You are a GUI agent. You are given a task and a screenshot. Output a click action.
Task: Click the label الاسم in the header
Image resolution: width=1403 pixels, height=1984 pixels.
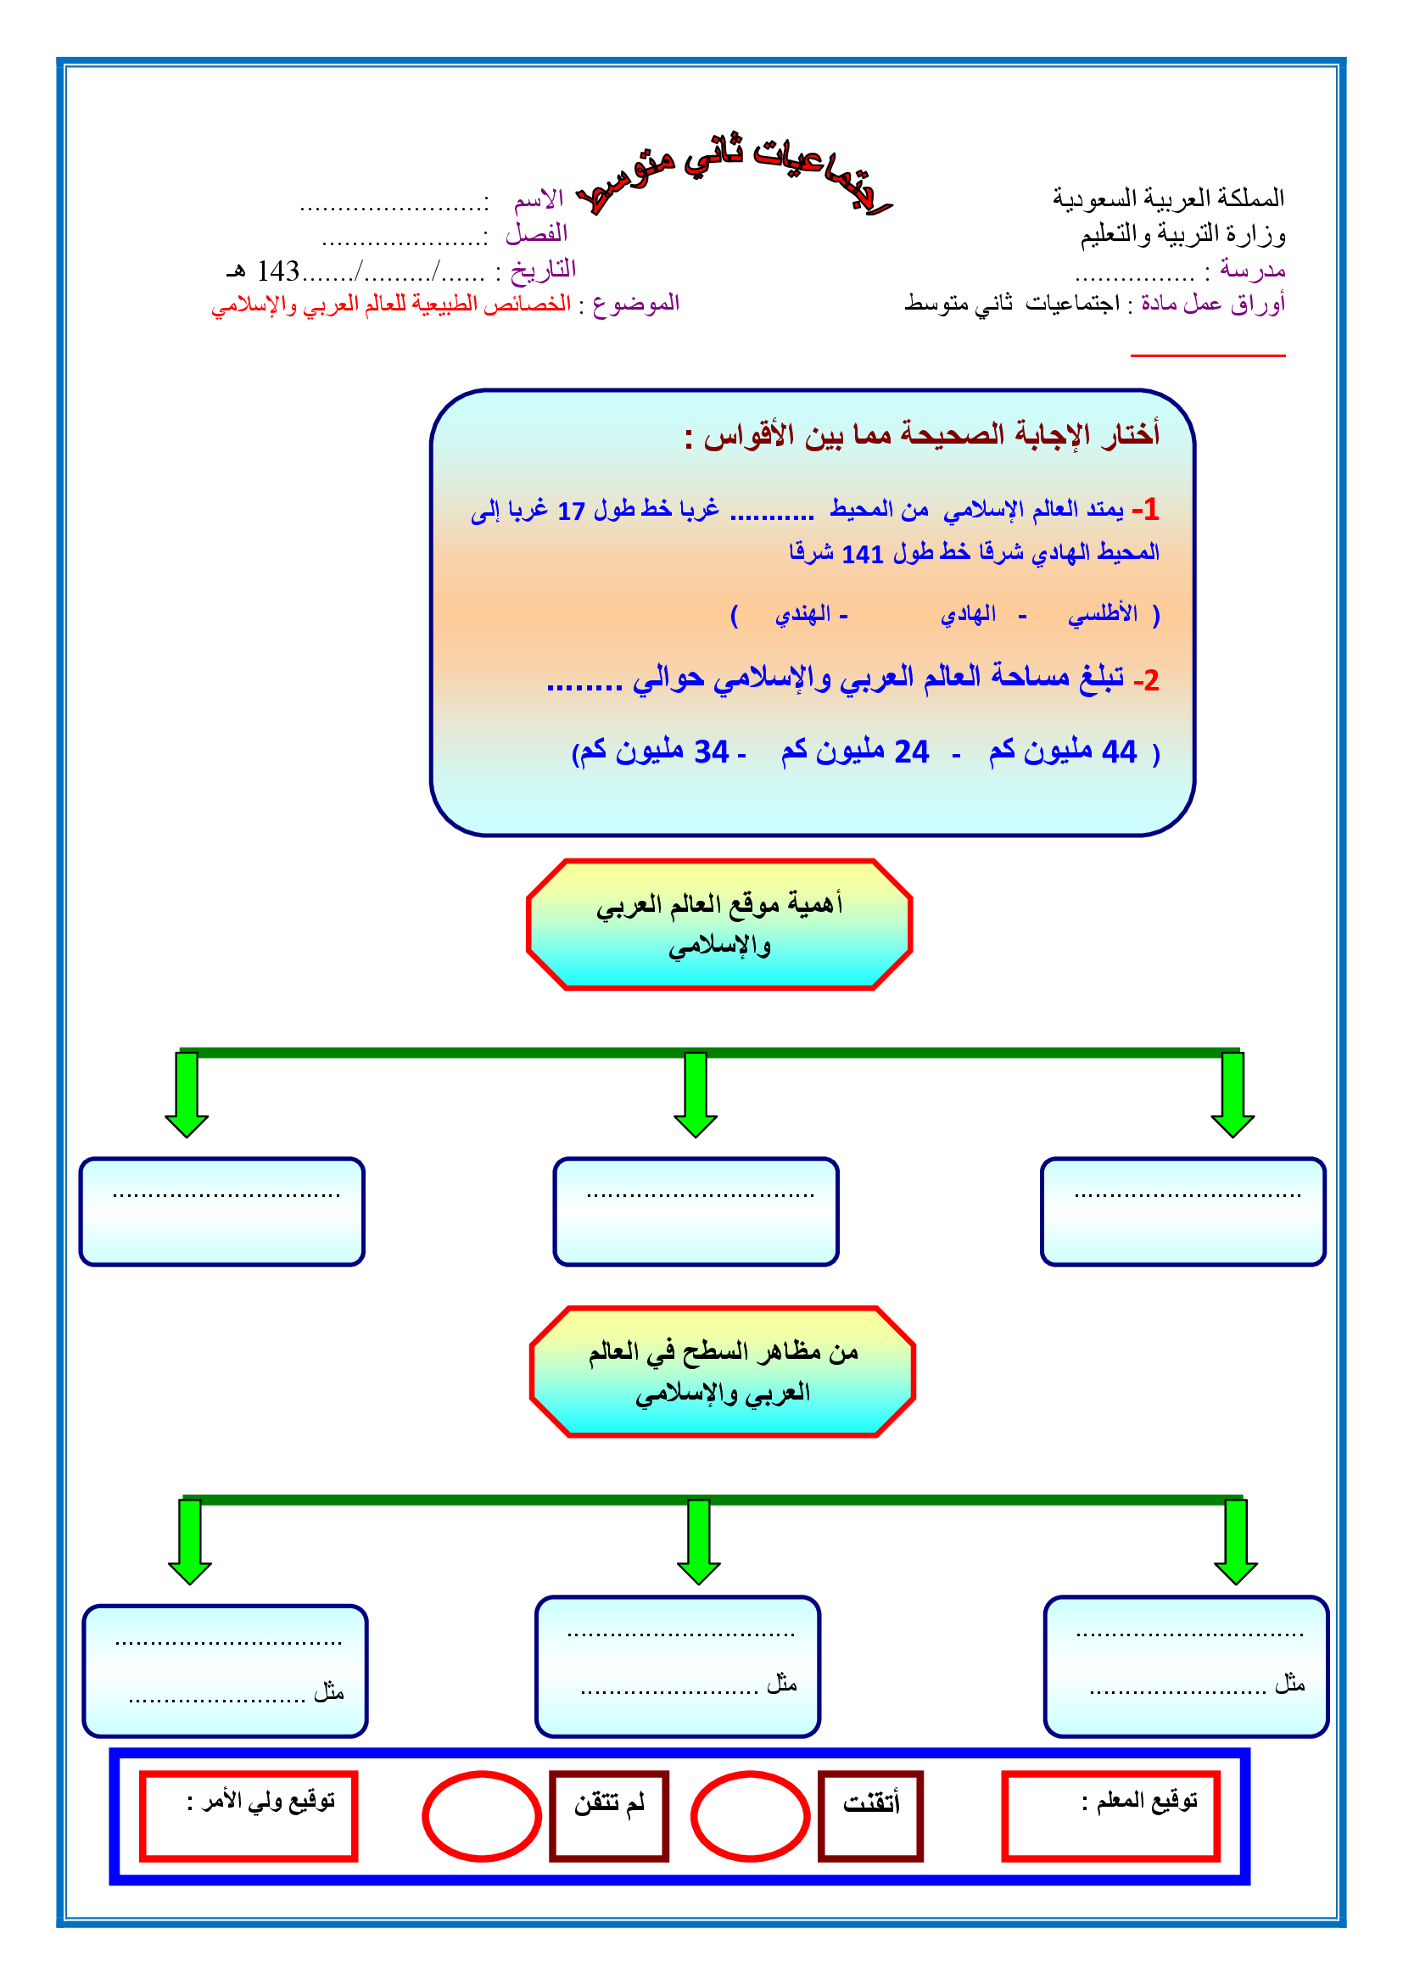point(539,200)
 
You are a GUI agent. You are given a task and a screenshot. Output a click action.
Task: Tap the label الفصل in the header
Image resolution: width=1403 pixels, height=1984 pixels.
point(536,233)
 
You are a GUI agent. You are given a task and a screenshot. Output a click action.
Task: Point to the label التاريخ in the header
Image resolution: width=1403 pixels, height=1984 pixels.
point(543,270)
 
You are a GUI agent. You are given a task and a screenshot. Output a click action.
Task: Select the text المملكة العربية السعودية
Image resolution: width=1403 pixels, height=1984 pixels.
point(1168,198)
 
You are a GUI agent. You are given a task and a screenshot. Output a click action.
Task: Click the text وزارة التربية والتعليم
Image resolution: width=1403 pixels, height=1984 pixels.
point(1182,234)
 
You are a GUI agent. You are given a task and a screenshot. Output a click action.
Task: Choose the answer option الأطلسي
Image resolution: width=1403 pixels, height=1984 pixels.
point(1103,613)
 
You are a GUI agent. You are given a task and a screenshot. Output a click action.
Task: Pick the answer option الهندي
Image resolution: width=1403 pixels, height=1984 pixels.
point(803,613)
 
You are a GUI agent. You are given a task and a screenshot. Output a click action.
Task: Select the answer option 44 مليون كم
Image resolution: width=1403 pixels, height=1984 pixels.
point(1063,751)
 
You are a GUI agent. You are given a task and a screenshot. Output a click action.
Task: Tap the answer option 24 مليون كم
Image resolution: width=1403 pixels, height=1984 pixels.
point(854,751)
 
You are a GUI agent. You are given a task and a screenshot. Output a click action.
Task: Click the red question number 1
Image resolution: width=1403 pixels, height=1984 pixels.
point(1150,510)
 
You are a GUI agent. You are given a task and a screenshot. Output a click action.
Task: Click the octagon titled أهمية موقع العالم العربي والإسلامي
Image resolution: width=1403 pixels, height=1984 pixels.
point(718,924)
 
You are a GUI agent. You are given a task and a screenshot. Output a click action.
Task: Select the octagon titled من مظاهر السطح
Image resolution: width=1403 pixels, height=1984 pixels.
point(722,1372)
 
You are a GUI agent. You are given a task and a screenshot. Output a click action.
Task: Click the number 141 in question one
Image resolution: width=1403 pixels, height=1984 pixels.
point(862,554)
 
